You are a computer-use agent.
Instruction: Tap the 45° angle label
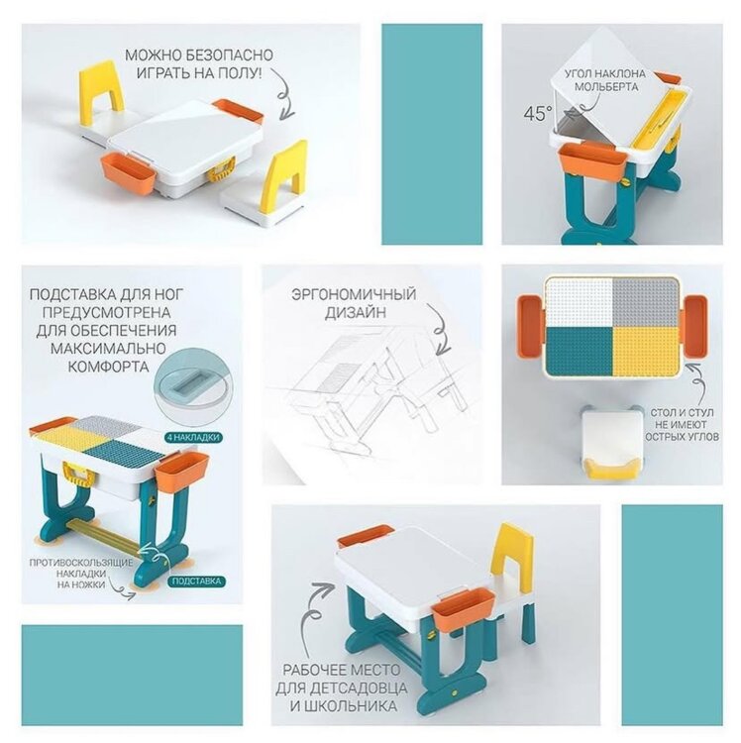[538, 113]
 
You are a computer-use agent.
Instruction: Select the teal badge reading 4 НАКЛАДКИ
[193, 437]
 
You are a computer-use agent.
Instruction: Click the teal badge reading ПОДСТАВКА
[196, 582]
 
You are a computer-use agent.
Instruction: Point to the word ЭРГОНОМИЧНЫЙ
[354, 294]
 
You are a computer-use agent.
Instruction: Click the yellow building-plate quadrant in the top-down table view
[645, 350]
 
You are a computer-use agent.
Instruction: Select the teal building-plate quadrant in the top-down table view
[580, 350]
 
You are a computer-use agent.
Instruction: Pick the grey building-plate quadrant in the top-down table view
[645, 303]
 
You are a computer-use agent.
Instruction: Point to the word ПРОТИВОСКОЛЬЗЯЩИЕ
[81, 563]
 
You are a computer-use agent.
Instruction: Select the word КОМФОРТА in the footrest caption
[109, 367]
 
